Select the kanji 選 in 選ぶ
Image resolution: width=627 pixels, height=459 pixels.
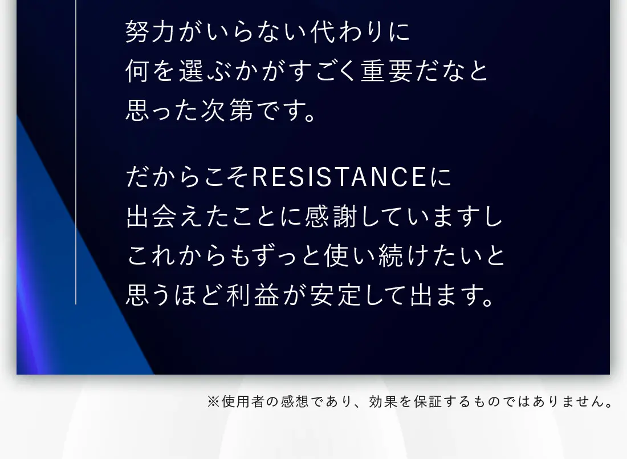192,71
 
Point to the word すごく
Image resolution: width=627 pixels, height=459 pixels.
322,71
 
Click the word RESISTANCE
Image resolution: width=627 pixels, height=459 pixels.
339,177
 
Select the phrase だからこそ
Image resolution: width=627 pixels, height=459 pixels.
188,177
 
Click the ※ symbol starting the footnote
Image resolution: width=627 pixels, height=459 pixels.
213,401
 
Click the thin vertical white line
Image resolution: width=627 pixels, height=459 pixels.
76,152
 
